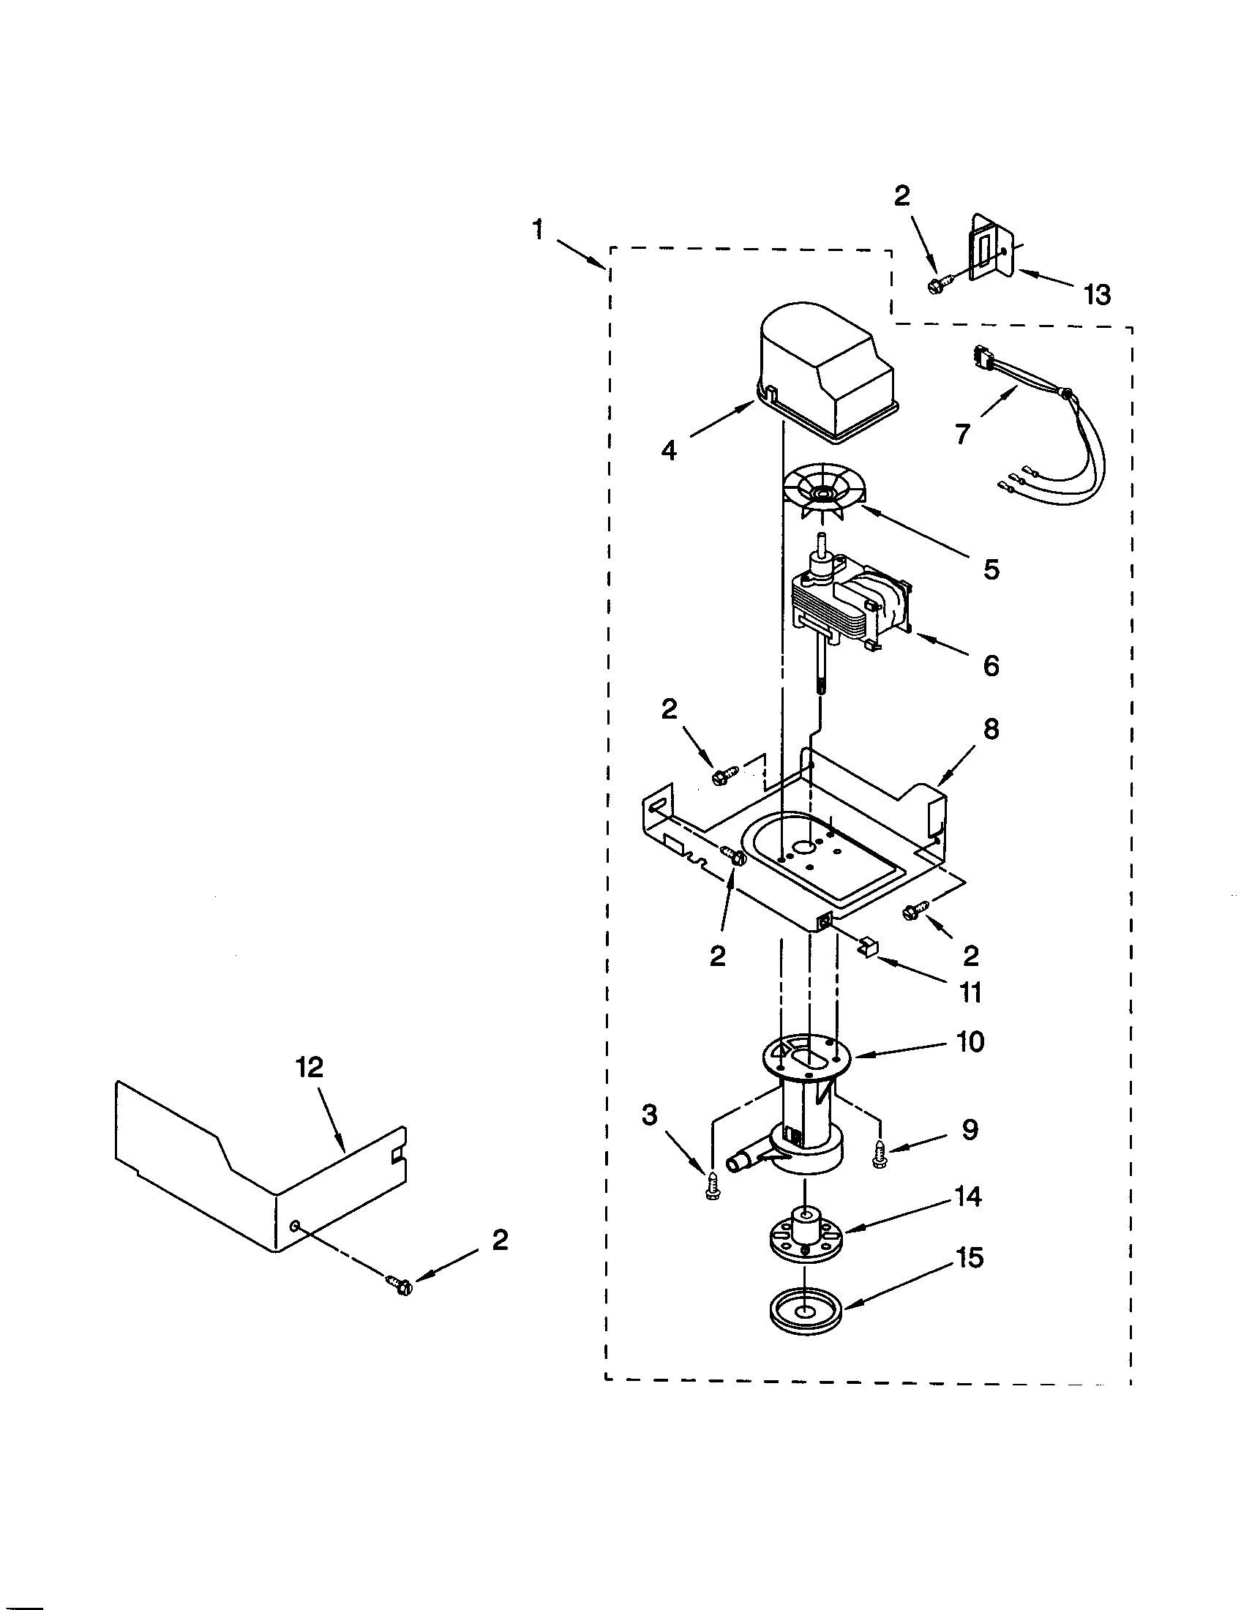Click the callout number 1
(x=539, y=231)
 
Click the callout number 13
(x=1097, y=294)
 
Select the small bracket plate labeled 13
(x=991, y=247)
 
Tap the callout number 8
(x=991, y=729)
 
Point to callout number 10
(x=971, y=1041)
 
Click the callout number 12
(x=310, y=1067)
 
